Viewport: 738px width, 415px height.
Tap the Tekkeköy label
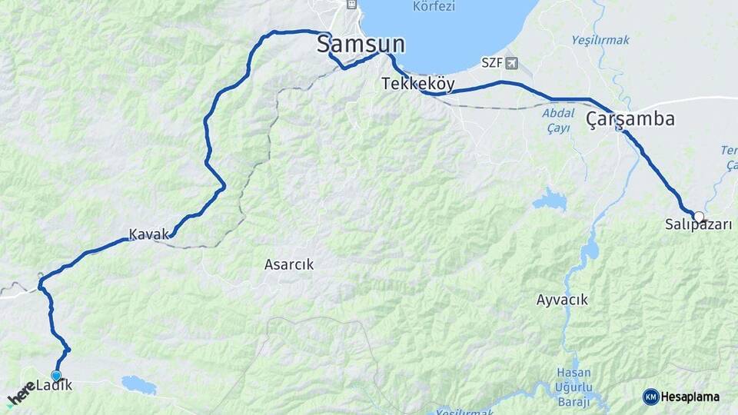click(418, 85)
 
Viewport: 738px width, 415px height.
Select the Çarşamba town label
click(630, 119)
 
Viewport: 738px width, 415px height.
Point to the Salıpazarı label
click(698, 225)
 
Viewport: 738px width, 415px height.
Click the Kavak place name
click(148, 234)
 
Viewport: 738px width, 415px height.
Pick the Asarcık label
click(289, 264)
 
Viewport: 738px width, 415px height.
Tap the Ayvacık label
click(562, 300)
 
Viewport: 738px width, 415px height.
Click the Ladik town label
click(54, 385)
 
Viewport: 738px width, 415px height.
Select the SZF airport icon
click(513, 62)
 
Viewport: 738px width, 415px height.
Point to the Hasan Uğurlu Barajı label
click(573, 387)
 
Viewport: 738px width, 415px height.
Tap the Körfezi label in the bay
click(434, 6)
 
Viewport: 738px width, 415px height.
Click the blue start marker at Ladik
click(56, 375)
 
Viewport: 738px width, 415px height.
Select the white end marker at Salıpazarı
click(699, 216)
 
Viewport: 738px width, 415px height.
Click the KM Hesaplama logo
click(681, 397)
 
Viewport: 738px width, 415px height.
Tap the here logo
click(22, 396)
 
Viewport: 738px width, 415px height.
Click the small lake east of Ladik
click(138, 383)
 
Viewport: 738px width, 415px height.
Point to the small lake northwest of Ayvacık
click(550, 201)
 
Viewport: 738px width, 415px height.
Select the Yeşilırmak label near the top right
click(600, 39)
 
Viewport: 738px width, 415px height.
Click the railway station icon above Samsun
click(351, 5)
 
